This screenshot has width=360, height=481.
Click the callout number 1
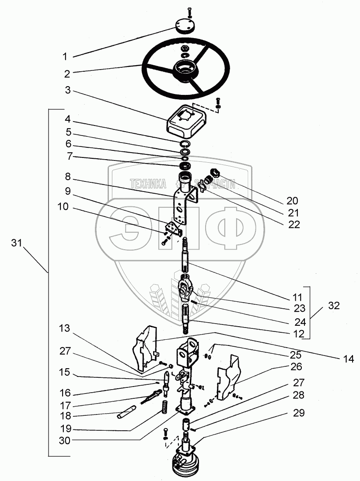(x=65, y=56)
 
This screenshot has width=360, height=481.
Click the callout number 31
(x=17, y=244)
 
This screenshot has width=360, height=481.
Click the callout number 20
(x=292, y=201)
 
